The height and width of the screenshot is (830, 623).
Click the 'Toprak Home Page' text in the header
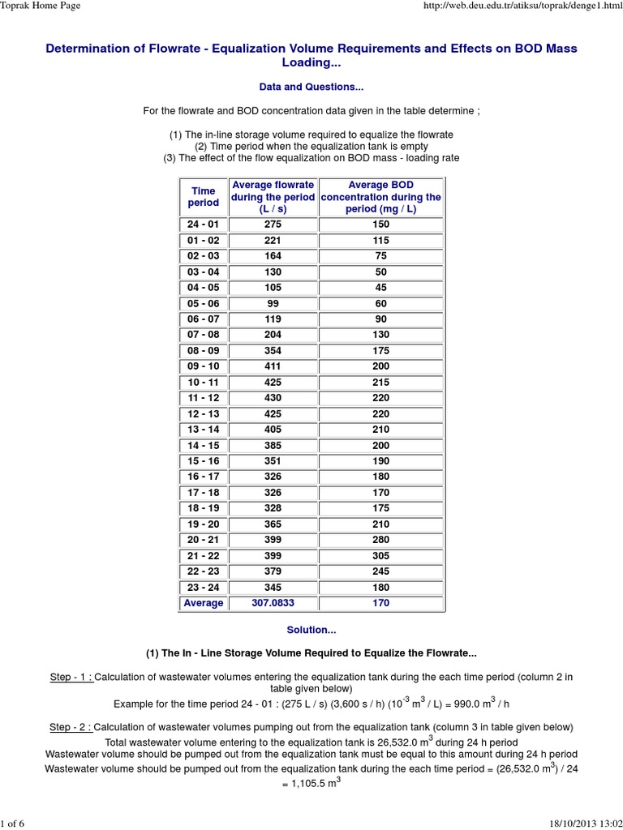point(40,7)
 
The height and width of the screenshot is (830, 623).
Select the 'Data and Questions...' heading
point(311,87)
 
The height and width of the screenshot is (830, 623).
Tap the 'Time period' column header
point(204,196)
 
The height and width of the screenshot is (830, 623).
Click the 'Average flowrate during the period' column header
point(273,197)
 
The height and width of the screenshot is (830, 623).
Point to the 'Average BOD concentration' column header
point(380,197)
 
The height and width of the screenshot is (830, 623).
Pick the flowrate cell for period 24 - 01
point(273,225)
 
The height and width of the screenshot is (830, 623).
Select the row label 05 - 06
point(204,303)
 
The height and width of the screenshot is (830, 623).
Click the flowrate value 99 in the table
point(273,303)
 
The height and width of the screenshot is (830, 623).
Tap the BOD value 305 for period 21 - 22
point(380,556)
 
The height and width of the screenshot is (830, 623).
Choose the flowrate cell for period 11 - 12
point(273,398)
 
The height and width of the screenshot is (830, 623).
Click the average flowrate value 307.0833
point(273,603)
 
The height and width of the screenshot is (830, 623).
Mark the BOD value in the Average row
point(380,603)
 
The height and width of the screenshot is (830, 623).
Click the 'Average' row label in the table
point(204,603)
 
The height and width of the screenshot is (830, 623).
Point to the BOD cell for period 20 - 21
point(380,540)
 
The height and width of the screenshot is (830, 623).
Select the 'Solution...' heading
point(311,630)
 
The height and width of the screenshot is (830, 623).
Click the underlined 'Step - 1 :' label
point(71,677)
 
